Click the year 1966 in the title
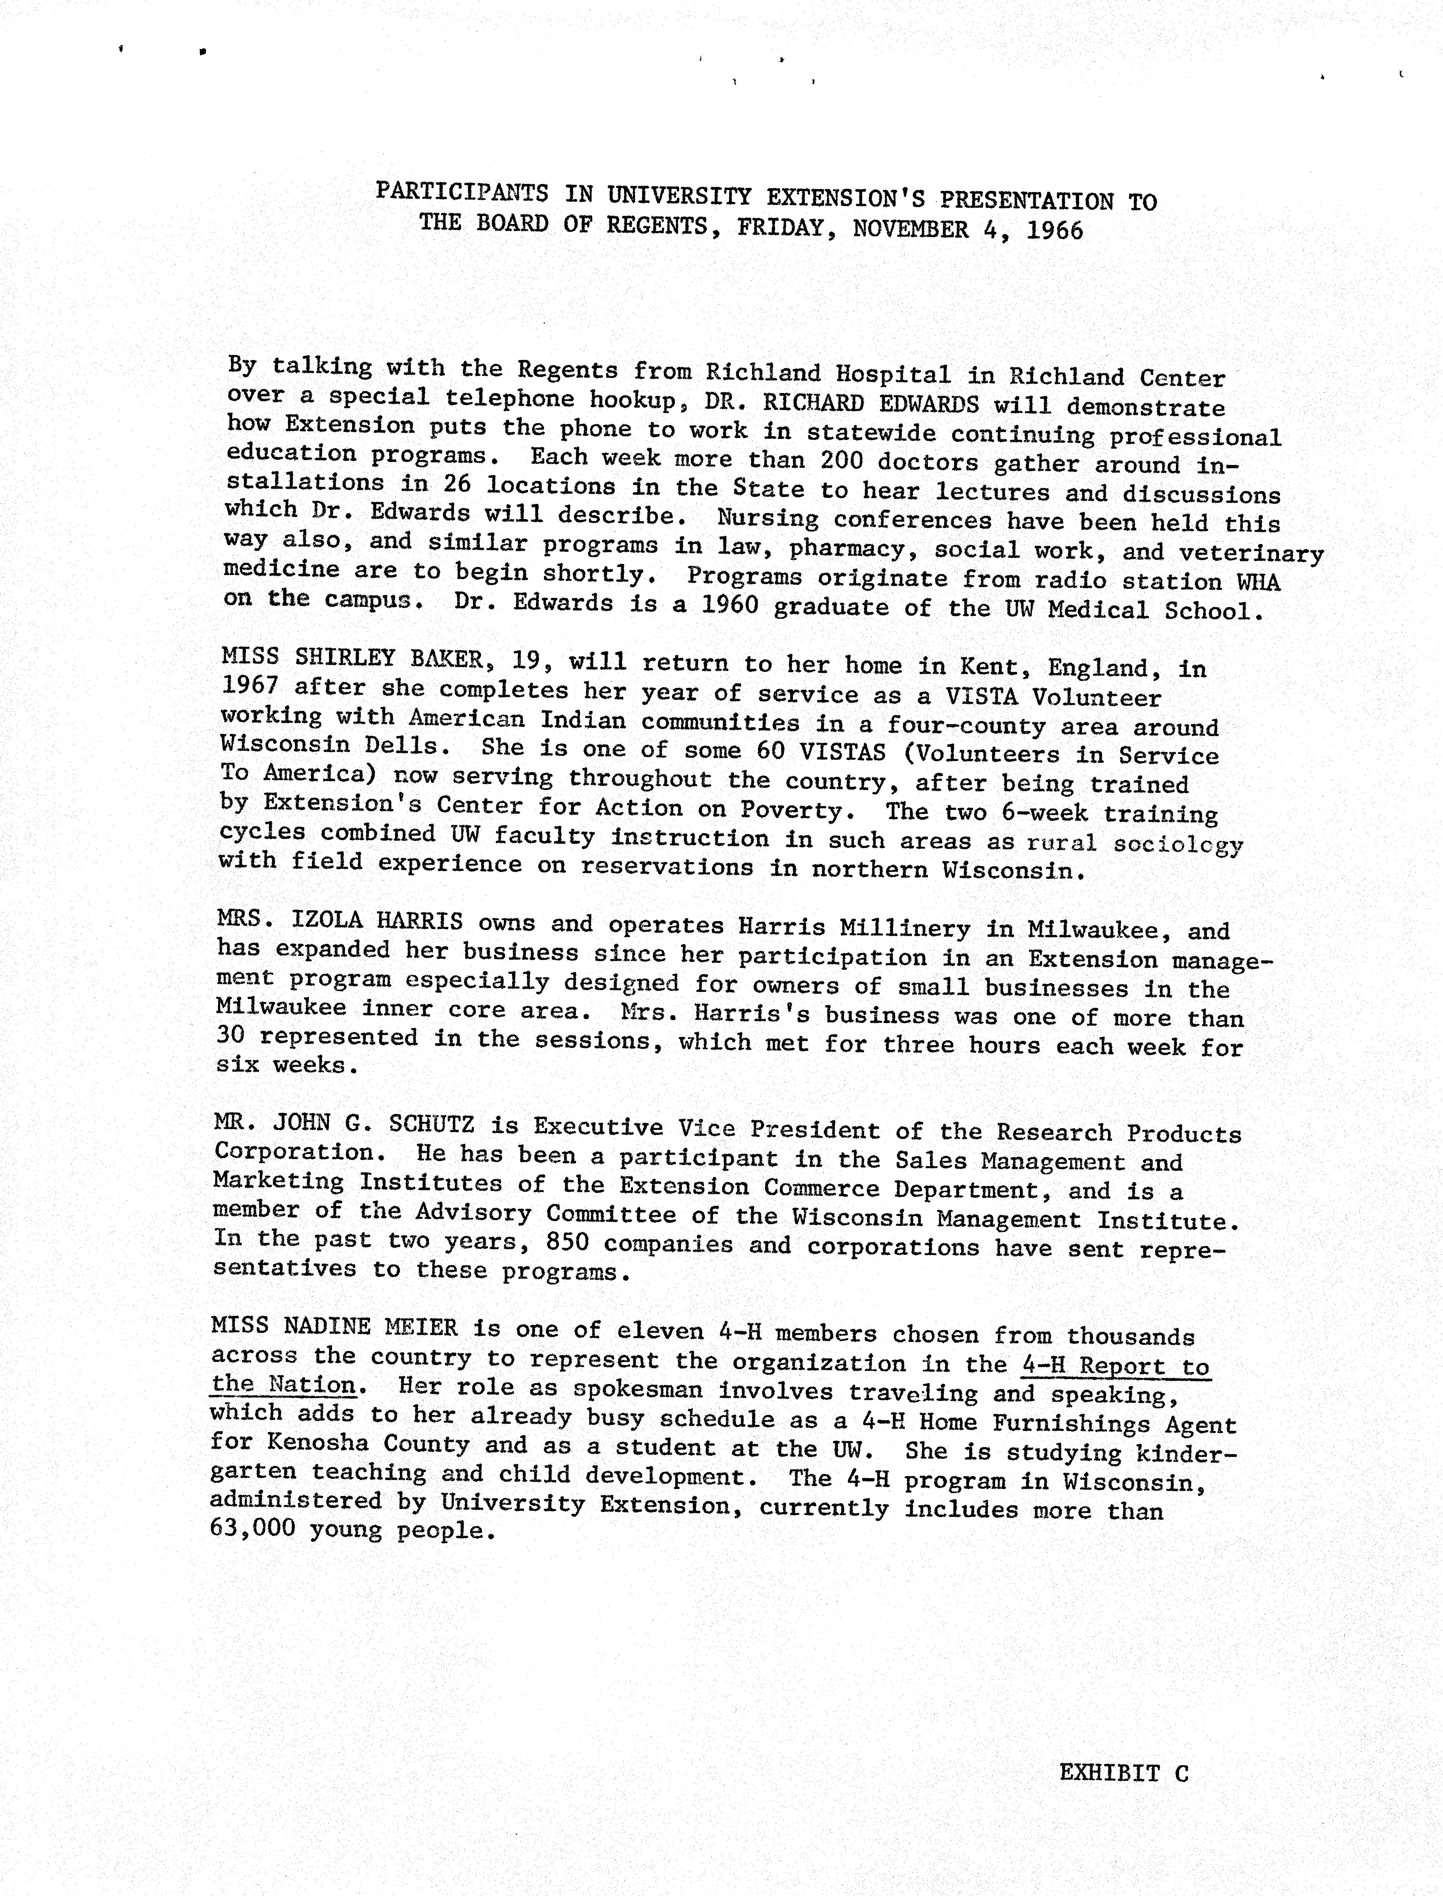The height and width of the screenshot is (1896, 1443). coord(1055,231)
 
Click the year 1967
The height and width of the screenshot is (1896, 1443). coord(250,686)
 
